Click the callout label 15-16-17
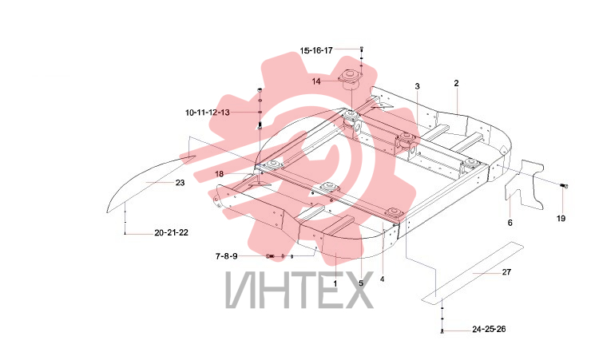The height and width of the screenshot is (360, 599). (x=316, y=50)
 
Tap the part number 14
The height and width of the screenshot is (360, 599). (x=316, y=81)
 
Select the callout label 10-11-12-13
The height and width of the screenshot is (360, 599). (x=208, y=113)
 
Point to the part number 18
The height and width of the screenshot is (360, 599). (x=219, y=174)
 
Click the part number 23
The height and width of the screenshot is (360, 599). (x=180, y=183)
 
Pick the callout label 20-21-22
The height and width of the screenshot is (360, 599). (x=171, y=232)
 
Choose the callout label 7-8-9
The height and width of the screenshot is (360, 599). (x=226, y=256)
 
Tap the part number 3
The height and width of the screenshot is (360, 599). (x=417, y=86)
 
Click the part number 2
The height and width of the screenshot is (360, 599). (x=456, y=83)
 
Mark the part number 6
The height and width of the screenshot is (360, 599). (x=510, y=223)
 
